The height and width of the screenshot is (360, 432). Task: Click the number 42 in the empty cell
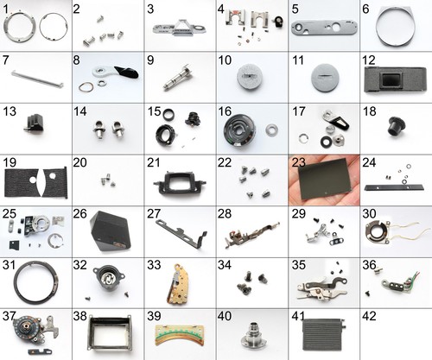coord(369,316)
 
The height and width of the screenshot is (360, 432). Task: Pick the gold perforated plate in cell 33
coord(179,283)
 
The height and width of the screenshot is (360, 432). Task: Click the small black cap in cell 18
coord(396,127)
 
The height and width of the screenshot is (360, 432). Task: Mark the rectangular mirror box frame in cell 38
coord(111,334)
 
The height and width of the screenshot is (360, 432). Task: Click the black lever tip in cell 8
coord(127,72)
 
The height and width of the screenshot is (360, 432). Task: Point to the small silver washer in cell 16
coord(271,130)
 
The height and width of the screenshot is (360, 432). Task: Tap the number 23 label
coord(299,162)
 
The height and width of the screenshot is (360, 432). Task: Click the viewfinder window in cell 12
coord(391,79)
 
